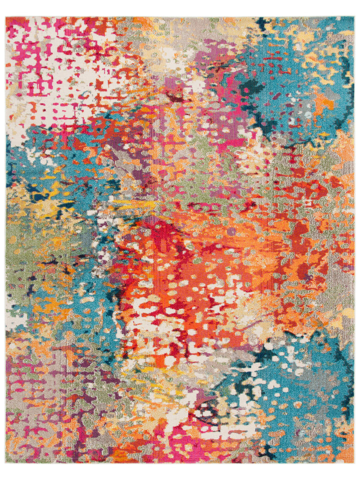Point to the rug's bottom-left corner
click(6, 463)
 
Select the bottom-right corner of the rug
click(354, 463)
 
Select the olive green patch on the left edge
click(20, 250)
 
